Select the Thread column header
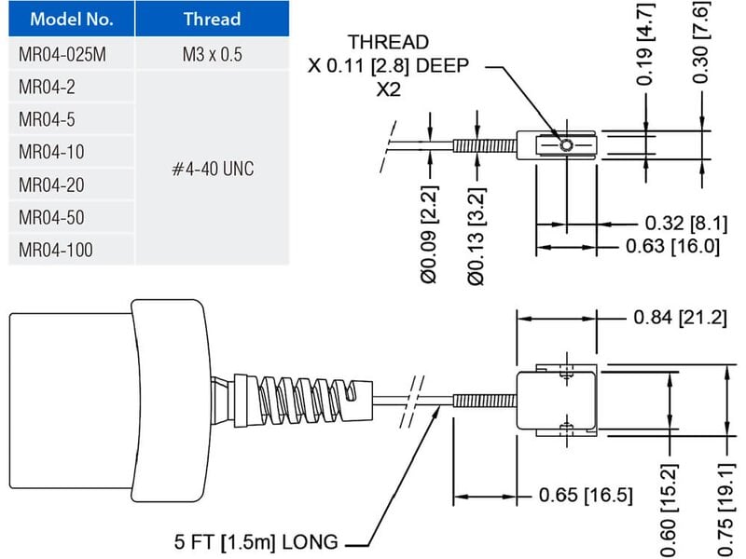211,20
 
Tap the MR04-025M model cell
62,55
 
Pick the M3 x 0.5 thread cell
212,55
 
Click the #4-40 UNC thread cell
213,169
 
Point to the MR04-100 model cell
56,250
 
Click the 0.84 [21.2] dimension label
680,318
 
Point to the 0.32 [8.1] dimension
681,224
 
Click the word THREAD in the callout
389,43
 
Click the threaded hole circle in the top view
566,144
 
